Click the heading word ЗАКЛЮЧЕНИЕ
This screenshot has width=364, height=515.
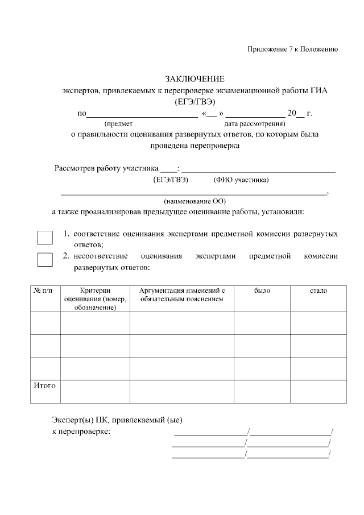pyautogui.click(x=195, y=78)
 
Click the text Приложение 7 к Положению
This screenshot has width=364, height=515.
pyautogui.click(x=293, y=49)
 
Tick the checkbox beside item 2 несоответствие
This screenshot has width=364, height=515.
pyautogui.click(x=45, y=260)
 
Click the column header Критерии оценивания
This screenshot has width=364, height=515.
pyautogui.click(x=95, y=299)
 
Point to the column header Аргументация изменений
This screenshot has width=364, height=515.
pyautogui.click(x=182, y=294)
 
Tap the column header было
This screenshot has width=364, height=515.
pyautogui.click(x=262, y=291)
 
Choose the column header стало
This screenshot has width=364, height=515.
pyautogui.click(x=318, y=291)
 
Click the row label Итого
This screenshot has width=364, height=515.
pyautogui.click(x=45, y=386)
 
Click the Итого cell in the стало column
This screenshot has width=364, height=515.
pyautogui.click(x=318, y=392)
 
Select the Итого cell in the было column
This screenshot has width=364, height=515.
pyautogui.click(x=262, y=392)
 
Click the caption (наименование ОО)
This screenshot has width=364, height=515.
pyautogui.click(x=195, y=201)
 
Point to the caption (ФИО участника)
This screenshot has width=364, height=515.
pyautogui.click(x=241, y=180)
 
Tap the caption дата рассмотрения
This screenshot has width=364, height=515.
pyautogui.click(x=255, y=123)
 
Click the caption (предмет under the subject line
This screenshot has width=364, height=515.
pyautogui.click(x=118, y=123)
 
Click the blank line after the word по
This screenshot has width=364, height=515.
pyautogui.click(x=142, y=114)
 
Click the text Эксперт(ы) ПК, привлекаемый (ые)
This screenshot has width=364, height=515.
pyautogui.click(x=117, y=421)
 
